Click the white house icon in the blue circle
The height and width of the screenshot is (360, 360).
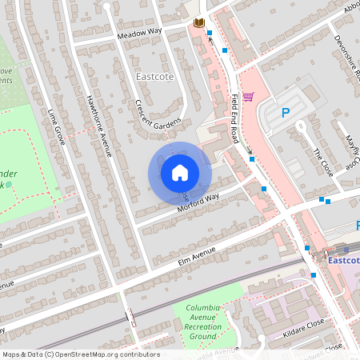coord(180,172)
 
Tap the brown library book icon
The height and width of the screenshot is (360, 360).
coord(198,24)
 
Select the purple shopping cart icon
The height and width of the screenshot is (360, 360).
coord(248,98)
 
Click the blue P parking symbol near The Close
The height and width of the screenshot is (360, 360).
coord(286,114)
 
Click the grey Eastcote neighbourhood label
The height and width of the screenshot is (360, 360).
coord(154,77)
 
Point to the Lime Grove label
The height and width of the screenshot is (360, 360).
coord(58,126)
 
